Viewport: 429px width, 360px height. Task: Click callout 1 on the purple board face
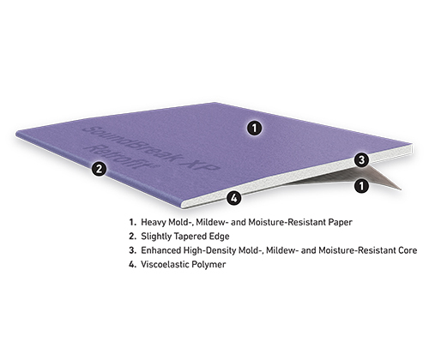[x=254, y=128]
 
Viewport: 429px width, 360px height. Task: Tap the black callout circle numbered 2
[x=99, y=169]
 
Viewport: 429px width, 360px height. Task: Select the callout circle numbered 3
[x=362, y=159]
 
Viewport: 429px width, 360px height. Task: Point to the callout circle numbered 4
[x=234, y=198]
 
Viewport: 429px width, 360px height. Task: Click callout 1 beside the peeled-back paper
[x=362, y=186]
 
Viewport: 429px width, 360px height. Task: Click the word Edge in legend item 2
[x=221, y=237]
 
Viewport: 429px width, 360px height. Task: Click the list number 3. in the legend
[x=132, y=250]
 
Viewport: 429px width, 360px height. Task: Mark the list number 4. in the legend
[x=132, y=264]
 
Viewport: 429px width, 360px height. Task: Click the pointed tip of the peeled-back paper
[x=401, y=189]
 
